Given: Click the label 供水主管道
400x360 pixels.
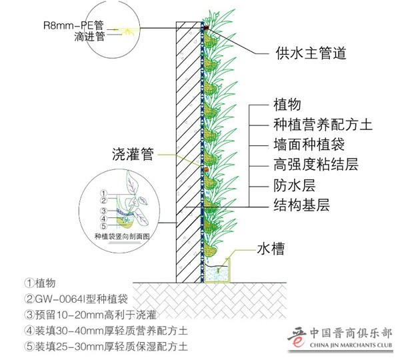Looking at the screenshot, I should pyautogui.click(x=311, y=54).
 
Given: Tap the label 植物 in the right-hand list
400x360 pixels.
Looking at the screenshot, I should pyautogui.click(x=287, y=105).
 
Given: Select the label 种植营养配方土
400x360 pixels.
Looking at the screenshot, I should pyautogui.click(x=323, y=125).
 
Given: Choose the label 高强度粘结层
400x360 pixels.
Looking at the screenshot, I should pyautogui.click(x=315, y=164).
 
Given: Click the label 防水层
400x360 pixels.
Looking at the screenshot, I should pyautogui.click(x=294, y=184).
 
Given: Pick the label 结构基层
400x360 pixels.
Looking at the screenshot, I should pyautogui.click(x=301, y=204).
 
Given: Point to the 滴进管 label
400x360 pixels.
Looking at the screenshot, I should pyautogui.click(x=90, y=38).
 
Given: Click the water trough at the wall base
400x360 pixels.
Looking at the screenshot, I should pyautogui.click(x=220, y=273).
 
